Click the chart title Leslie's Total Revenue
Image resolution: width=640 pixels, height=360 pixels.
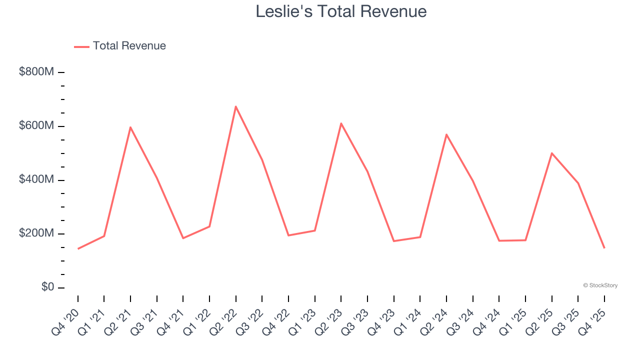coord(341,11)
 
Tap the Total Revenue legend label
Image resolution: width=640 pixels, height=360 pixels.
coord(129,46)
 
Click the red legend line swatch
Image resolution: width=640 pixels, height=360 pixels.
coord(81,46)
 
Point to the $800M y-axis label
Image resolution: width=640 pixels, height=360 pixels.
coord(36,72)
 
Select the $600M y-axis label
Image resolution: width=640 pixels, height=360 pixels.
coord(36,126)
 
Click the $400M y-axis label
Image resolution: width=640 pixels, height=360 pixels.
coord(36,179)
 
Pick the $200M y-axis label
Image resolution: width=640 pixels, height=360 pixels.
coord(36,233)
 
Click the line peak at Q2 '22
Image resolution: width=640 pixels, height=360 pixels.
coord(235,106)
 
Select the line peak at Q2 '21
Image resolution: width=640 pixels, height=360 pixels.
coord(130,127)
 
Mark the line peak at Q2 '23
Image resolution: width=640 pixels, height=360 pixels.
coord(341,123)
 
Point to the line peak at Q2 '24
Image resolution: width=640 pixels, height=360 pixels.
coord(446,134)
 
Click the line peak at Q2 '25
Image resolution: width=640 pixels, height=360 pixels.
coord(551,153)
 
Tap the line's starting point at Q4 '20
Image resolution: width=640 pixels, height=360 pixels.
coord(78,248)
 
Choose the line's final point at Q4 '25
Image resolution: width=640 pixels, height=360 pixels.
coord(604,248)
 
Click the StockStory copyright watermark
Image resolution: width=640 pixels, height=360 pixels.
coord(600,285)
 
